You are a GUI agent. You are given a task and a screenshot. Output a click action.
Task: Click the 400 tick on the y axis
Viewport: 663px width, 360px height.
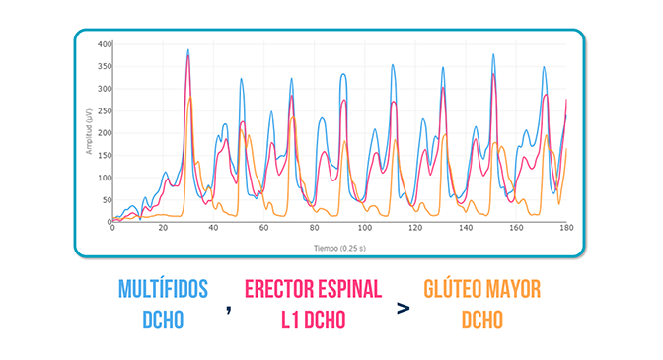point(105,44)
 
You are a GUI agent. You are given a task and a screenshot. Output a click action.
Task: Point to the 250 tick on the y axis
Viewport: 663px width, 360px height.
point(105,111)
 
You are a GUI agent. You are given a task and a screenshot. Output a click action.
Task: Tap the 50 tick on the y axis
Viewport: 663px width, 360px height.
point(107,200)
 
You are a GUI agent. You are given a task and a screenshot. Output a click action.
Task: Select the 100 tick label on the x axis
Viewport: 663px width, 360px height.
point(365,228)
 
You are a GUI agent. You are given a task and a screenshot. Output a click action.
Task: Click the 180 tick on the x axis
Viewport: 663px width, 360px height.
point(566,228)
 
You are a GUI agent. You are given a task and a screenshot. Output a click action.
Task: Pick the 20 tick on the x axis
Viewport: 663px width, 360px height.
point(163,228)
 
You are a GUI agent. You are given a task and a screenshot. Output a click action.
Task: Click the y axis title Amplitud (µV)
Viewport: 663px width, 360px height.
point(89,131)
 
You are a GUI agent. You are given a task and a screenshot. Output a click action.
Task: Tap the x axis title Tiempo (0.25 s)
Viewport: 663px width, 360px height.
point(339,248)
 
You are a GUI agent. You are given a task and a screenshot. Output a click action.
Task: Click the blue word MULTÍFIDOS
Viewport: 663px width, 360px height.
point(163,289)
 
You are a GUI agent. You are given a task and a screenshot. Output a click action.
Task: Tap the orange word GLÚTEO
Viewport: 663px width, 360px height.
point(452,289)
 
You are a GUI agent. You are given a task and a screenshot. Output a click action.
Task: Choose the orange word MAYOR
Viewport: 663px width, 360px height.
point(513,289)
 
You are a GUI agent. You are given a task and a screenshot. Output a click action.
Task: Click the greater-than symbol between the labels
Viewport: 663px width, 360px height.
point(404,309)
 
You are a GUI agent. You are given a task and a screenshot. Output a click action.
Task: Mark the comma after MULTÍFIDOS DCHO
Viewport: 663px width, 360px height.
point(229,310)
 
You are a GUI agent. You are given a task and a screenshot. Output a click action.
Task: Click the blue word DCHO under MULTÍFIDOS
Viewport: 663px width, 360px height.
point(163,320)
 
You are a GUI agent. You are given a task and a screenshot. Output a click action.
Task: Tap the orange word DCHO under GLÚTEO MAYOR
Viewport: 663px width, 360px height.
point(482,320)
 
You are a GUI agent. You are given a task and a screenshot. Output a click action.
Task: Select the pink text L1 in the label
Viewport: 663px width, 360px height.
point(290,320)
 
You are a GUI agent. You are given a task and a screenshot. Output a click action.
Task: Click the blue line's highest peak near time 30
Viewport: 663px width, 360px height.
point(188,49)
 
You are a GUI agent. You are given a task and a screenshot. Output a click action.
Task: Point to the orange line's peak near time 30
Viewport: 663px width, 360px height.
point(190,98)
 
